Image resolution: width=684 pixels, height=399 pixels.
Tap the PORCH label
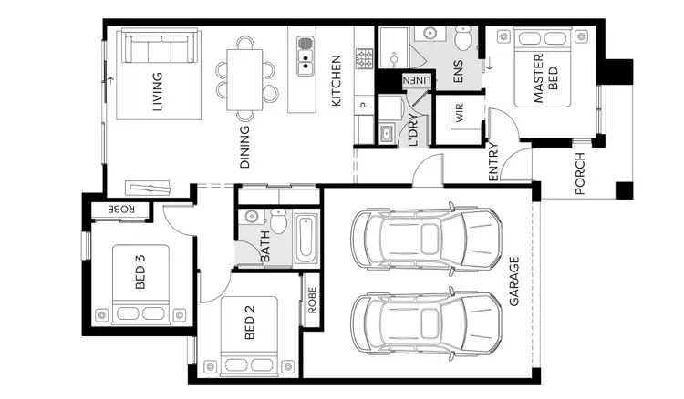click(x=581, y=174)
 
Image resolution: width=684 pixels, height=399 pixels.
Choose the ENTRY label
click(x=493, y=162)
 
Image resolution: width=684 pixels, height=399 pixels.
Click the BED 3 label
click(x=140, y=271)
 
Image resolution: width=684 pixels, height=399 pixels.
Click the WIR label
click(x=460, y=113)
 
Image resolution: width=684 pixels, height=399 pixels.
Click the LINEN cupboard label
click(x=415, y=81)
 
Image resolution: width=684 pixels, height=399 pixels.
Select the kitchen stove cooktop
click(x=365, y=59)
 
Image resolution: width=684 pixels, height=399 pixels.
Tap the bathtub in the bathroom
click(x=306, y=240)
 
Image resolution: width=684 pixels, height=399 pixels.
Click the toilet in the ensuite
click(x=464, y=38)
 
